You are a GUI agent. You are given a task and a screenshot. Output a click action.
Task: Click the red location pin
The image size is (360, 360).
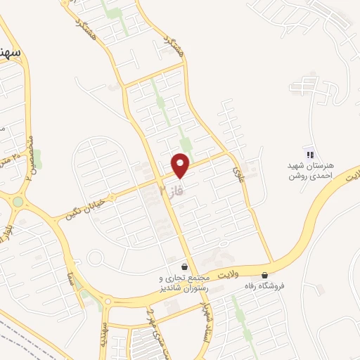point(181,165)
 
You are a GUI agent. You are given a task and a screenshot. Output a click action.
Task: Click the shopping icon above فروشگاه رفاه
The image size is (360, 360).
point(264,275)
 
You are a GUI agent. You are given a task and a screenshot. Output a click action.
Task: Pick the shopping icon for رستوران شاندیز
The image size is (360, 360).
point(184,267)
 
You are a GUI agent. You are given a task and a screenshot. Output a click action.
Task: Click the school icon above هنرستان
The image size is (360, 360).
point(309,155)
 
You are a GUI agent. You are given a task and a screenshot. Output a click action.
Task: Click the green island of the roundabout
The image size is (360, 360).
point(18,202)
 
